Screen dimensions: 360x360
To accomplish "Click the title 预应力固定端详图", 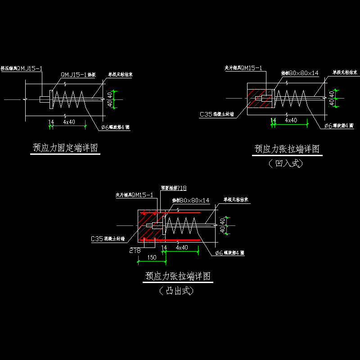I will [x=65, y=148].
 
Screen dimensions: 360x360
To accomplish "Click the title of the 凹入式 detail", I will [x=287, y=149].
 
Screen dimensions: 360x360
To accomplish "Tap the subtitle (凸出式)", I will [x=177, y=291].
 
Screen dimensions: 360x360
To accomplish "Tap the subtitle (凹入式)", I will [x=286, y=163].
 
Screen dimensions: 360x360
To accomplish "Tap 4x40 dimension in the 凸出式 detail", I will [x=182, y=248].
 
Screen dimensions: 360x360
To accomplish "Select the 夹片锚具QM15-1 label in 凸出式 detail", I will [x=134, y=195].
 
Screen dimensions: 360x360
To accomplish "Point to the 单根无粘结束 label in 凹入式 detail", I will [x=345, y=72].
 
